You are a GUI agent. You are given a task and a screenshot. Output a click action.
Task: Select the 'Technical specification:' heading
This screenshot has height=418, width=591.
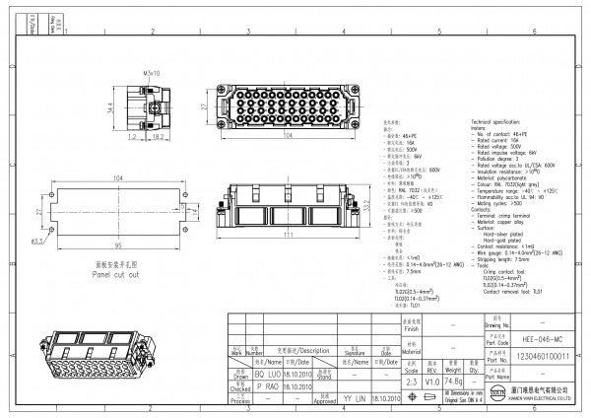(x=506, y=118)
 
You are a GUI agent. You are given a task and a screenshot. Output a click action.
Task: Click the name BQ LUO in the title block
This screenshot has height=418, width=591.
(x=274, y=377)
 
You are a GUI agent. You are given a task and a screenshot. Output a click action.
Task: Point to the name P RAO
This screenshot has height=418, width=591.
(x=274, y=388)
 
